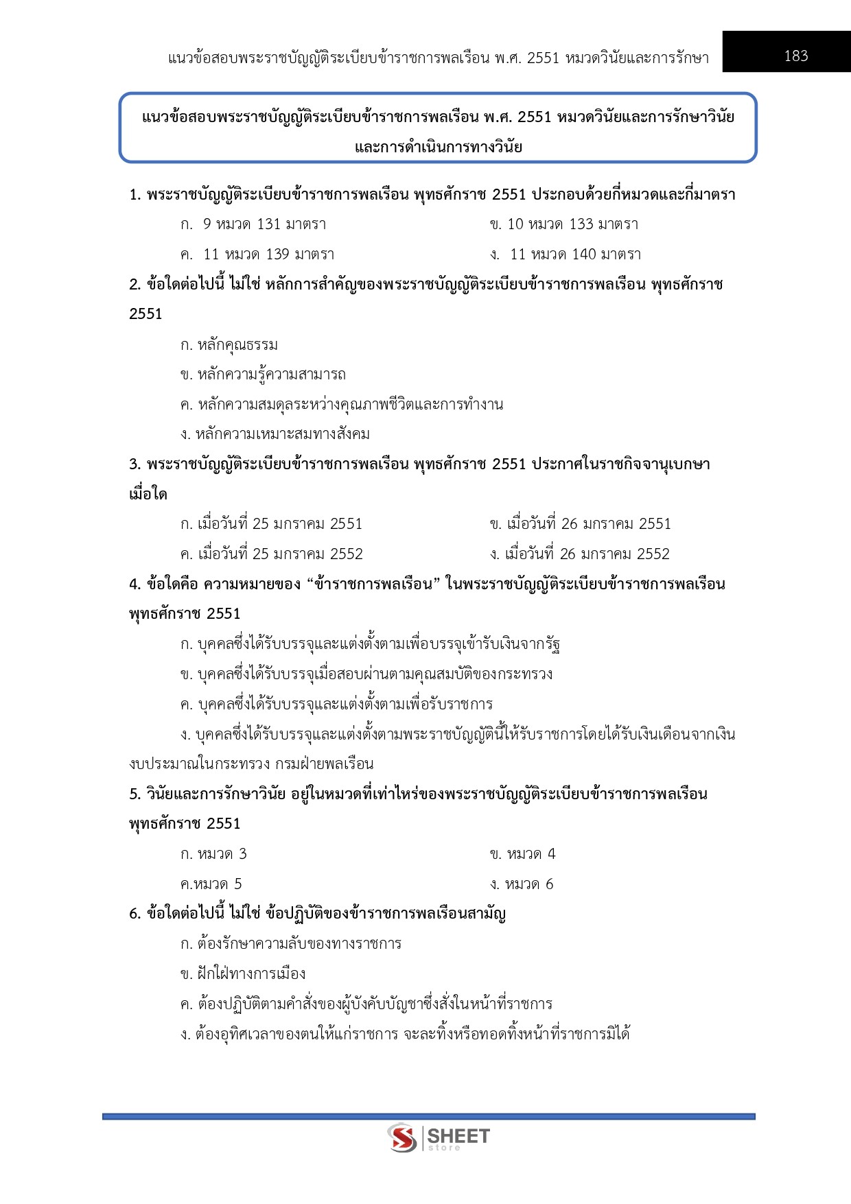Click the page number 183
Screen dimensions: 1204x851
pyautogui.click(x=796, y=56)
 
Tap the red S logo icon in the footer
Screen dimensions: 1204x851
pyautogui.click(x=401, y=1138)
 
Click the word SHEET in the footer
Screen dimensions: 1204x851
pyautogui.click(x=458, y=1136)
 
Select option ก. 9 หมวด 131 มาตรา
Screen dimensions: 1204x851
pyautogui.click(x=253, y=224)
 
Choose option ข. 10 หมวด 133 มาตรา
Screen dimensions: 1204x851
pyautogui.click(x=563, y=224)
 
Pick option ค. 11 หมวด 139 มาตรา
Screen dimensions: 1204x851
pyautogui.click(x=257, y=255)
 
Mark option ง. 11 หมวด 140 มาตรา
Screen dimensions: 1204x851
pyautogui.click(x=566, y=255)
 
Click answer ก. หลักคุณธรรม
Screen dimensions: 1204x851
pyautogui.click(x=229, y=344)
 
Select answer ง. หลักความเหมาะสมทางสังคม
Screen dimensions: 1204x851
pyautogui.click(x=275, y=434)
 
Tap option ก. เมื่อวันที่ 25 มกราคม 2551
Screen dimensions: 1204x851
pyautogui.click(x=271, y=524)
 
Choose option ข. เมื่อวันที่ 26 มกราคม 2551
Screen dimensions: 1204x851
pyautogui.click(x=580, y=524)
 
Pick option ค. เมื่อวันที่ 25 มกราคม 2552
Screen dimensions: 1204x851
pyautogui.click(x=271, y=554)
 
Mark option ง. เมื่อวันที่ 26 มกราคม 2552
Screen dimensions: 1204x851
pyautogui.click(x=580, y=554)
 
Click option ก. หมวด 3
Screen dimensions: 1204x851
pyautogui.click(x=213, y=854)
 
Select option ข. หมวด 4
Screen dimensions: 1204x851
pyautogui.click(x=522, y=854)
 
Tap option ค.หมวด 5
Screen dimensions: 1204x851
pyautogui.click(x=211, y=884)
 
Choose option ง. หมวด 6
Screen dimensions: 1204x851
pyautogui.click(x=522, y=884)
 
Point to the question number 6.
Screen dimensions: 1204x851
pyautogui.click(x=135, y=914)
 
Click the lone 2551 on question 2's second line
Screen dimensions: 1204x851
pyautogui.click(x=145, y=314)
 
